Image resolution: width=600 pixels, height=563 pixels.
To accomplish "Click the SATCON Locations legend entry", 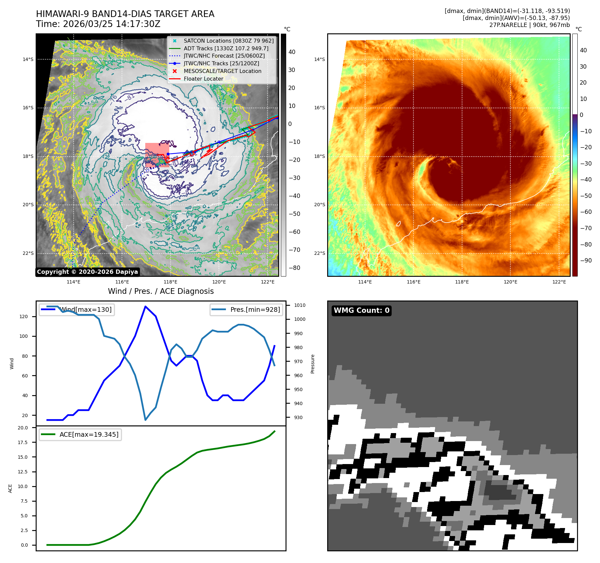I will point(229,41).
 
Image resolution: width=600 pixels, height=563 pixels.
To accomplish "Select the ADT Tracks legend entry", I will point(226,48).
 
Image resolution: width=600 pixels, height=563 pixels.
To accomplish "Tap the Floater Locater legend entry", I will point(203,79).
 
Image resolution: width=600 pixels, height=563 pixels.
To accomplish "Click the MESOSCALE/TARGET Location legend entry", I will point(222,71).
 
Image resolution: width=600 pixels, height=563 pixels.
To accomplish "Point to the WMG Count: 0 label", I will point(361,310).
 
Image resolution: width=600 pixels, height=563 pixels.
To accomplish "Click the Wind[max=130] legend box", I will point(77,309).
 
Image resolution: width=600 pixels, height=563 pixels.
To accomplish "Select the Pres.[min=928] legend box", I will point(247,309).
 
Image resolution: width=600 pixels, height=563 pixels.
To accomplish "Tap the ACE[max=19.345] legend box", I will point(80,434).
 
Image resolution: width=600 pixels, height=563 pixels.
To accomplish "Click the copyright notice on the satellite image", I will point(87,272).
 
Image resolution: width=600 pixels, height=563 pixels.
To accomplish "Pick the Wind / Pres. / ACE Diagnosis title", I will point(161,291).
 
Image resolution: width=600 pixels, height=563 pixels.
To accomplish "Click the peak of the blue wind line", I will point(145,306).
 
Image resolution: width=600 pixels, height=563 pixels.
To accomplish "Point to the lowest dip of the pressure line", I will point(145,420).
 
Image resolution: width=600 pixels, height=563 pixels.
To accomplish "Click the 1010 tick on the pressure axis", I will point(300,305).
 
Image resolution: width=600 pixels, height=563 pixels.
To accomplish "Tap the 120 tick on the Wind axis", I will point(24,316).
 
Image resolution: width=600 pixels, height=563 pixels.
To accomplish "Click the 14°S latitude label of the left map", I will point(28,59).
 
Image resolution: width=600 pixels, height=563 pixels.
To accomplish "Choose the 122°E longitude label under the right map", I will point(559,282).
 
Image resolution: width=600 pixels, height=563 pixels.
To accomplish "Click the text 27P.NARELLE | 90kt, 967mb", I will point(529,25).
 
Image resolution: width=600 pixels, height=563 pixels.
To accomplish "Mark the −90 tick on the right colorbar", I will point(586,261).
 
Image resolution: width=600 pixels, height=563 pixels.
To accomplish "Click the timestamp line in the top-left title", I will point(98,24).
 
